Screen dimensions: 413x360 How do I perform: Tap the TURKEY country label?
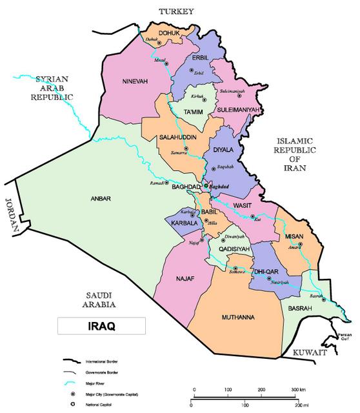pyautogui.click(x=169, y=10)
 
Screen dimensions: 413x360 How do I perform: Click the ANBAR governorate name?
pyautogui.click(x=101, y=199)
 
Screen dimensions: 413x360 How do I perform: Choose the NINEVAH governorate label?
pyautogui.click(x=135, y=81)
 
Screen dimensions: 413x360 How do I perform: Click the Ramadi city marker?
pyautogui.click(x=170, y=185)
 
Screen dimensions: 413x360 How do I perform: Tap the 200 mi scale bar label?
pyautogui.click(x=294, y=405)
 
